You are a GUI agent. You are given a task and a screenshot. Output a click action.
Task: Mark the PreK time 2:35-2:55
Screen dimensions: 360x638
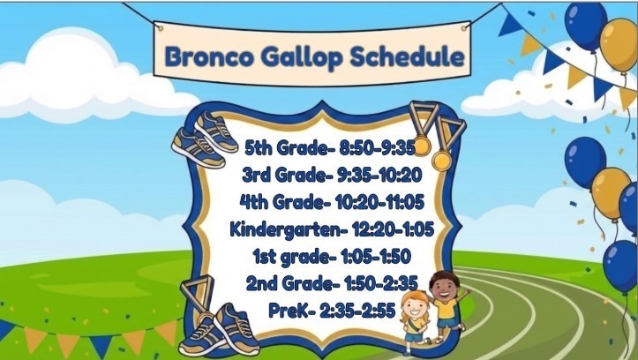pyautogui.click(x=364, y=312)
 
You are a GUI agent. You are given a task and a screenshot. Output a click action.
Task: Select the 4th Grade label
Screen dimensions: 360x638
pyautogui.click(x=281, y=203)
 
